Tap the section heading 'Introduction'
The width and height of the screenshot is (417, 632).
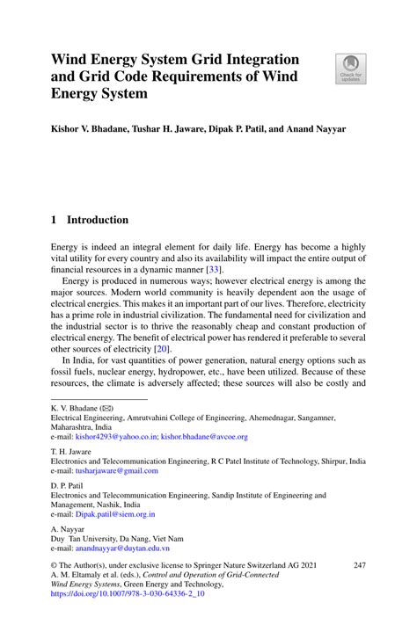point(98,220)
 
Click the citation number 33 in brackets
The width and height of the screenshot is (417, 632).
point(213,271)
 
